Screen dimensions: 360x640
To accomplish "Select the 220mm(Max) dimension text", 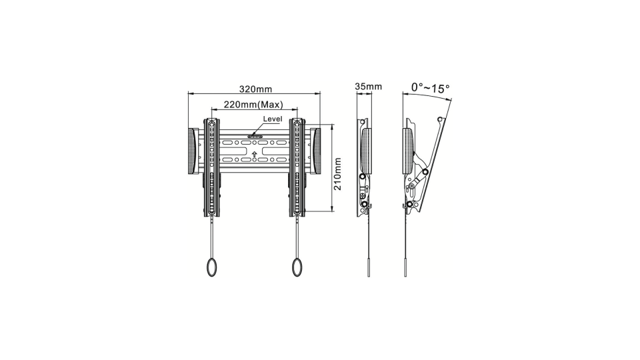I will (x=253, y=105).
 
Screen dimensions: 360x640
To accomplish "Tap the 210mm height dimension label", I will (x=338, y=174).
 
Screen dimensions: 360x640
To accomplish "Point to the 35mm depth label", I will (x=368, y=87).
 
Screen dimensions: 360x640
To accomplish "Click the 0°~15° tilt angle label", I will (x=430, y=87).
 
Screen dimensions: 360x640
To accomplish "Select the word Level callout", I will (x=273, y=119).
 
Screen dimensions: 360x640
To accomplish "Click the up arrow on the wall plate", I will (x=255, y=155).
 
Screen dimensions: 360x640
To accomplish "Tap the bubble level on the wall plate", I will (x=255, y=137).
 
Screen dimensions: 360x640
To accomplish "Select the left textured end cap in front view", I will (x=193, y=151).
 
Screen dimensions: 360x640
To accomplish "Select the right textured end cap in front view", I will (x=315, y=151).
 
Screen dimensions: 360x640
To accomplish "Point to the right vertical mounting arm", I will (x=297, y=167).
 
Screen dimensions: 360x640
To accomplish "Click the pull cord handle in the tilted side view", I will (x=405, y=266).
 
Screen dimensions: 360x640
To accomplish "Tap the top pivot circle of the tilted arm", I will (x=439, y=119).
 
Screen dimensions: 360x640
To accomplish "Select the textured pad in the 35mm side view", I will (x=366, y=150).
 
